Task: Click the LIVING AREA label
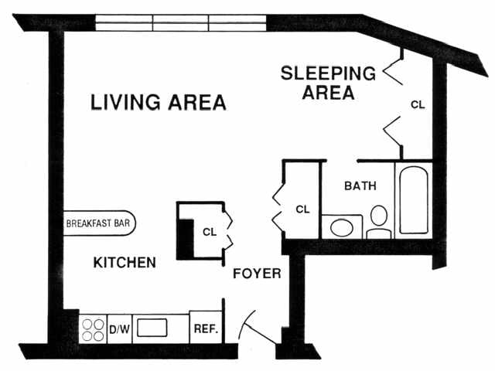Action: (159, 102)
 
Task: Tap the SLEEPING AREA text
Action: (328, 83)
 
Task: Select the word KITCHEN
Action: (125, 263)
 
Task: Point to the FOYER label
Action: (257, 274)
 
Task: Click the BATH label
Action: (360, 186)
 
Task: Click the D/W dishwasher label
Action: (118, 329)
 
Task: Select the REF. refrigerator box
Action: (205, 328)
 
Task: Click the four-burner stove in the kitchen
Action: (94, 329)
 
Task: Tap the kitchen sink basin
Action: (152, 328)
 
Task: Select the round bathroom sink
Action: (341, 228)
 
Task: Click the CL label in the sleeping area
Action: (418, 104)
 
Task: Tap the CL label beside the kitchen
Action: (209, 231)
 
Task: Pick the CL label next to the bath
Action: (303, 209)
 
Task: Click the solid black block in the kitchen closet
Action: (186, 239)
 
